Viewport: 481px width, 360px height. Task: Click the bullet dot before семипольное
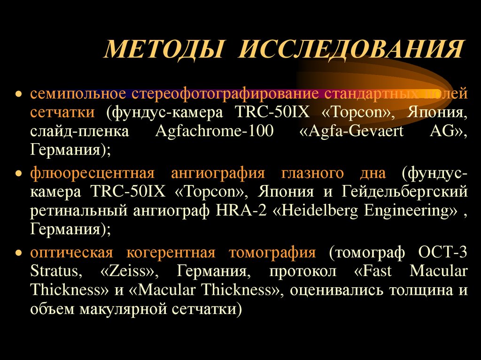pos(18,93)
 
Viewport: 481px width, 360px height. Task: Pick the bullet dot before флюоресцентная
pos(18,174)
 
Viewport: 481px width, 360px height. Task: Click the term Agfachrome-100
pos(214,132)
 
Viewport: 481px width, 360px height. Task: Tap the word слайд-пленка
pos(79,132)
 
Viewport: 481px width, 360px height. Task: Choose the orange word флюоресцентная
pos(93,173)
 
